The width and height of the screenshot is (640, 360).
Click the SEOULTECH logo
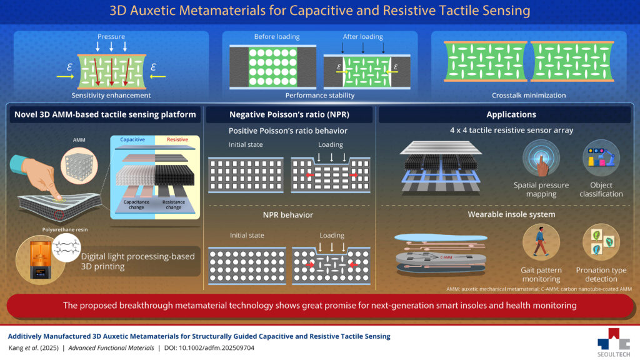[614, 342]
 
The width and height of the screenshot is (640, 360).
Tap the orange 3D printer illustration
[40, 260]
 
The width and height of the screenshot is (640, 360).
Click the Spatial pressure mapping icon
[541, 158]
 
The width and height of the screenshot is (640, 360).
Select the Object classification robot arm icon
[601, 158]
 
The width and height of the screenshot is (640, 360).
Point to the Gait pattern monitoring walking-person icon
[541, 242]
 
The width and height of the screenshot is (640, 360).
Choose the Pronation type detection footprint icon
[601, 242]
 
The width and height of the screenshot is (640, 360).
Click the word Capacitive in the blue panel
[132, 139]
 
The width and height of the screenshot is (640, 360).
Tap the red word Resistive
[177, 139]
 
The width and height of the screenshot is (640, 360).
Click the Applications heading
[511, 115]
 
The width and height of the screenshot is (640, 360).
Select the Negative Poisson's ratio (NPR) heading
[289, 115]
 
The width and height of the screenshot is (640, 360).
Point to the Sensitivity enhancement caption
[111, 96]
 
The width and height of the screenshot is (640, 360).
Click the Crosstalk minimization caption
[529, 96]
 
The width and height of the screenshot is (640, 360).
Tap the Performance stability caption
[319, 96]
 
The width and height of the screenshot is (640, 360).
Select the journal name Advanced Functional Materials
[111, 348]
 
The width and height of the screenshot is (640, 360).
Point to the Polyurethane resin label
[65, 230]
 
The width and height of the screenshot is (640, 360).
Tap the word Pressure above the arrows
[111, 37]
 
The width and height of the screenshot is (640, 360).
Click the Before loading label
[277, 37]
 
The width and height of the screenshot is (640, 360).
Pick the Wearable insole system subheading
[511, 215]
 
